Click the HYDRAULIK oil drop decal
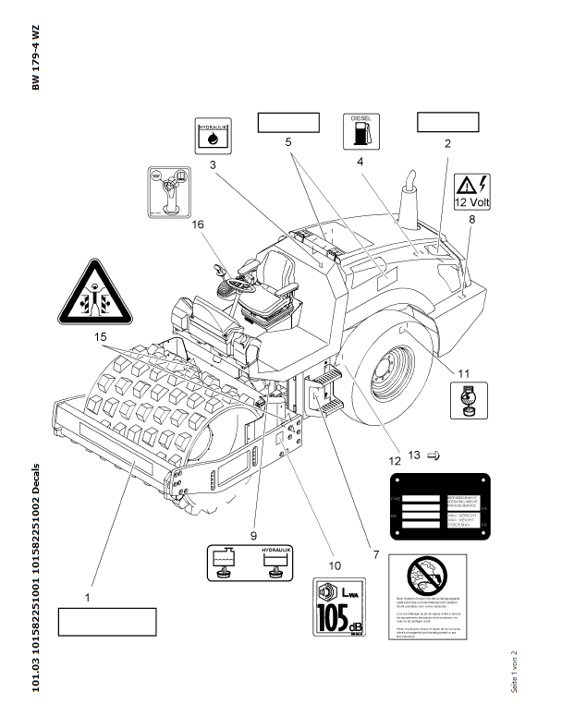coord(214,135)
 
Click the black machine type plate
coord(440,505)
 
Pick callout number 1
coord(88,598)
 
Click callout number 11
coord(465,374)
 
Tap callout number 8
coord(471,219)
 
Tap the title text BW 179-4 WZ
coord(36,57)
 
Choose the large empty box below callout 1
coord(106,622)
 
